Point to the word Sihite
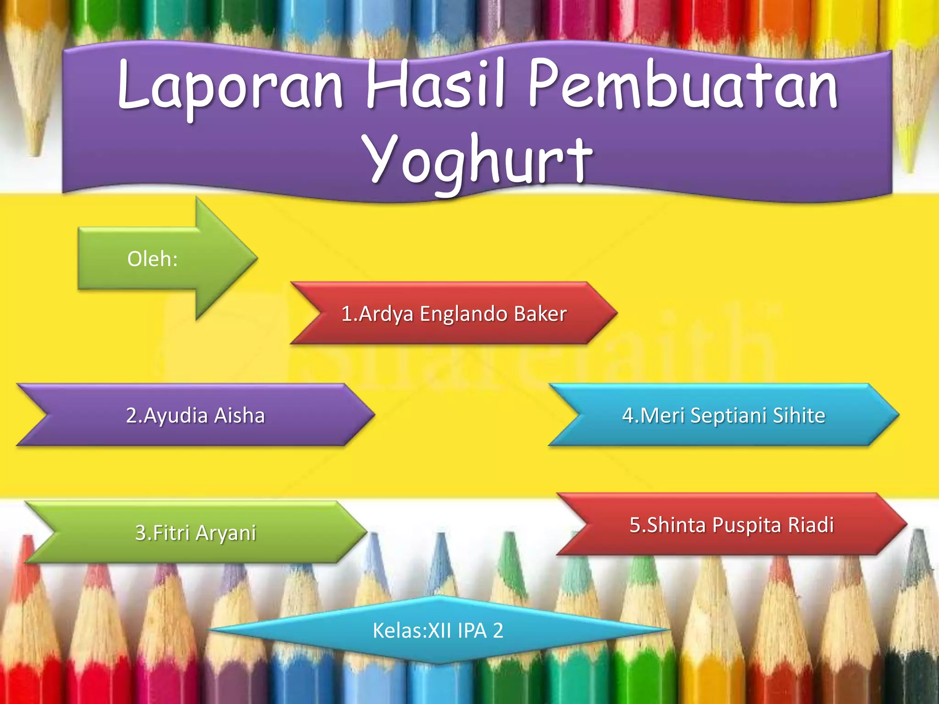(x=799, y=415)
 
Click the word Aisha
(x=239, y=415)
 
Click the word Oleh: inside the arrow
(x=152, y=259)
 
